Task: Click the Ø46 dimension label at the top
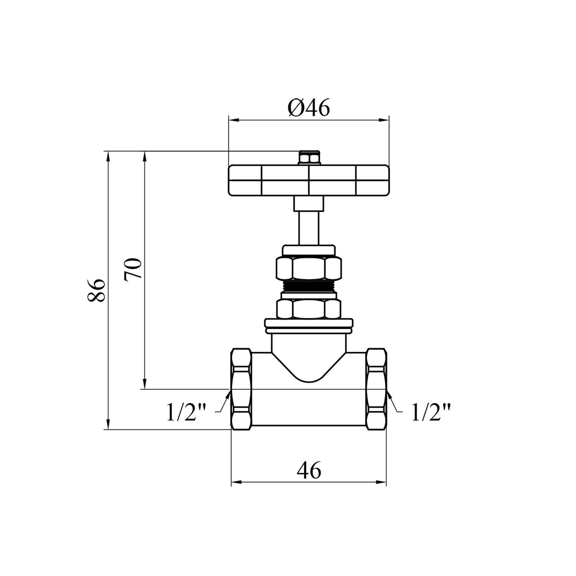pos(308,109)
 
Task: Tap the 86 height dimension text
pos(96,290)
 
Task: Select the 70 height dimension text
pos(133,270)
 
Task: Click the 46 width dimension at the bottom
pos(309,470)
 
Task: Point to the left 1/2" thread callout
pos(186,412)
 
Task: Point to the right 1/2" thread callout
pos(430,412)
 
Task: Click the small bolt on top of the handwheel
pos(309,158)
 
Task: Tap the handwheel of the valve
pos(309,180)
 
